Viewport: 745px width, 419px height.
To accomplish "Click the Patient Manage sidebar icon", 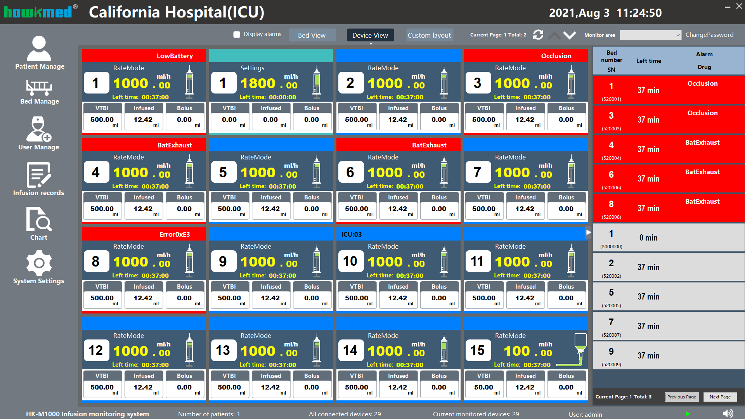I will click(x=39, y=50).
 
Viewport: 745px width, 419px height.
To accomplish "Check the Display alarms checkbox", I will click(x=237, y=35).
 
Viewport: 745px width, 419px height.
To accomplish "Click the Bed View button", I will click(x=312, y=35).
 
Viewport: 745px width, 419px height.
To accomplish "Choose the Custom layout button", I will click(x=429, y=35).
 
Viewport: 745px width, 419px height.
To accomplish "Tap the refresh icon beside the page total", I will click(x=538, y=35).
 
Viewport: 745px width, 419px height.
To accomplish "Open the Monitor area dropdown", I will click(x=650, y=35).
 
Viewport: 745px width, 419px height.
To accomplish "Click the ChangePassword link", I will click(x=709, y=35).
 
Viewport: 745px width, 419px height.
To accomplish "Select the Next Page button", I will click(x=720, y=397).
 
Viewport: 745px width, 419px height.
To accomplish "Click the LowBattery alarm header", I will click(x=175, y=56).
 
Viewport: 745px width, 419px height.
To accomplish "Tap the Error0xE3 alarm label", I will click(x=175, y=234).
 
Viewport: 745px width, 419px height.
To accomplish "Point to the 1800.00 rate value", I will click(x=269, y=83).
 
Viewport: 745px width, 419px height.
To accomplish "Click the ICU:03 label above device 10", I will click(x=351, y=234).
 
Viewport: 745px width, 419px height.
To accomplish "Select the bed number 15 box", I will click(x=477, y=351).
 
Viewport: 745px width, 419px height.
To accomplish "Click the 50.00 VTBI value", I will click(x=483, y=387).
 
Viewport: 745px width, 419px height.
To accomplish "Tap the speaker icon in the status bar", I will click(x=728, y=414).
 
